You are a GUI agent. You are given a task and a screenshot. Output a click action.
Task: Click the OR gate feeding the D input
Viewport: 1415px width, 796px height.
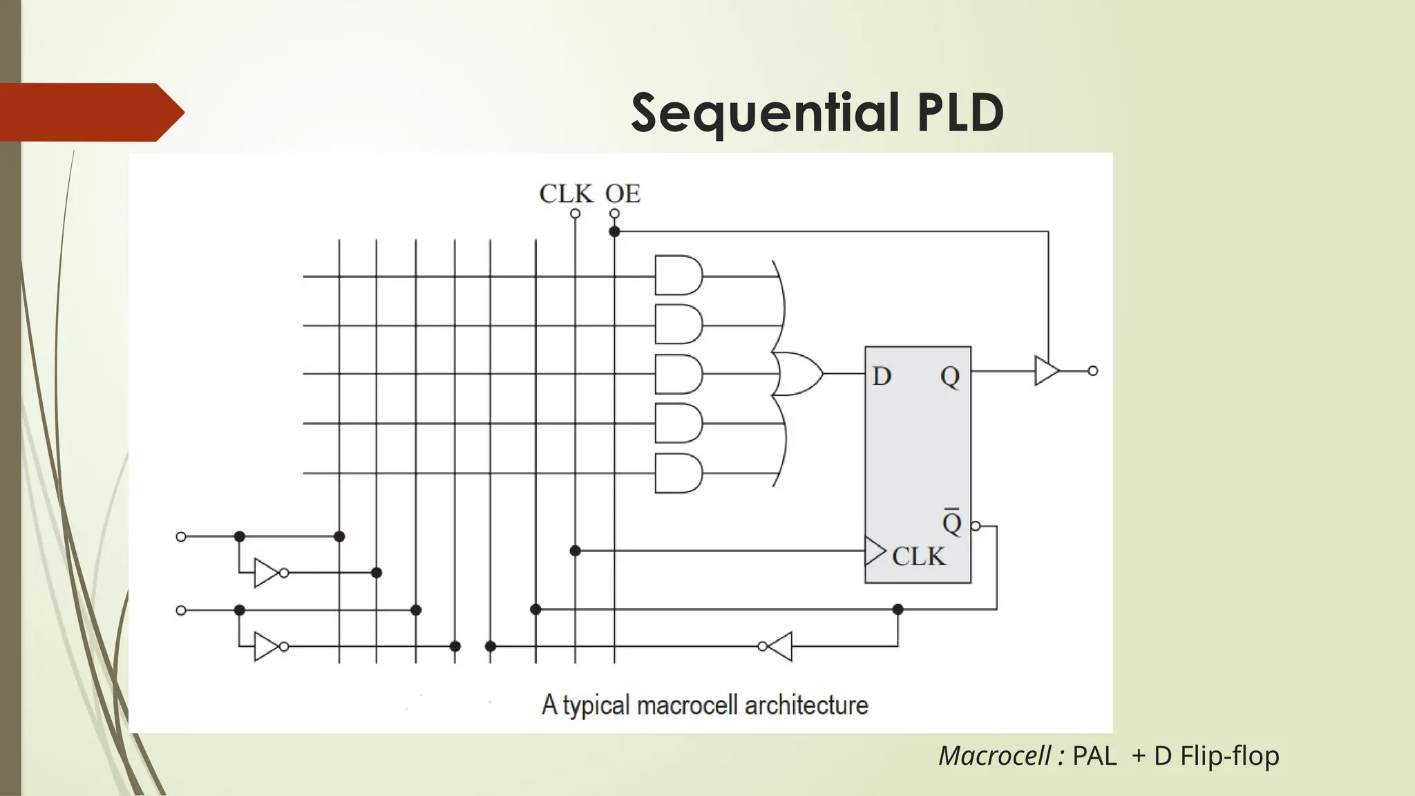pos(797,373)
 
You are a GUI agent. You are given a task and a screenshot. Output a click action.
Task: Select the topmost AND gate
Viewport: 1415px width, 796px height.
pos(678,276)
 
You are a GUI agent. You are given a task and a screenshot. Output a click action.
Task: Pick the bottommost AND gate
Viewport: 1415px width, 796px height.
pos(678,473)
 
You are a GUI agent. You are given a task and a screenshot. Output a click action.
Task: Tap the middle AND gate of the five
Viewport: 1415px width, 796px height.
pos(678,374)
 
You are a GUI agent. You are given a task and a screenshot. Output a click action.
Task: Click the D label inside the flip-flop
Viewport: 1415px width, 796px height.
pos(882,377)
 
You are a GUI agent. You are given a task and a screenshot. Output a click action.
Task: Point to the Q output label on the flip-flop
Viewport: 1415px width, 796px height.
pos(950,377)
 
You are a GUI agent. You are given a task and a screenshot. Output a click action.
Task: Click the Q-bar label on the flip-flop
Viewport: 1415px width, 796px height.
pos(952,522)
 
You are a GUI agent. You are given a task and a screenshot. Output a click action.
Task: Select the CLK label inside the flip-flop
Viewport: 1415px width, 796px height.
pos(918,556)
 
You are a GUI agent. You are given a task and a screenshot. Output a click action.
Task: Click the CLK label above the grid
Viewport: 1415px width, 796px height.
pos(566,193)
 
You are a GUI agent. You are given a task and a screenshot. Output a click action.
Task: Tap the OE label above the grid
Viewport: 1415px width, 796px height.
pos(623,193)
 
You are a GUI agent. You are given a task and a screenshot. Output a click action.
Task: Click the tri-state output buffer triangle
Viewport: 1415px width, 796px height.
pos(1046,371)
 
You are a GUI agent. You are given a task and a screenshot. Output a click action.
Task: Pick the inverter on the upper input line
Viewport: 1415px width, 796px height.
pos(267,573)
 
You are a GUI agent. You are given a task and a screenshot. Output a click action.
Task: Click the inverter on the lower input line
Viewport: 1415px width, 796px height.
pos(267,647)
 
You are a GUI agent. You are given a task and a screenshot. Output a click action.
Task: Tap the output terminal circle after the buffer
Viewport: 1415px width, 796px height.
pos(1092,371)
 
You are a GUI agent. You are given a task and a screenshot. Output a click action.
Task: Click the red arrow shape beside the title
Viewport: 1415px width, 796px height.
pos(90,112)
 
